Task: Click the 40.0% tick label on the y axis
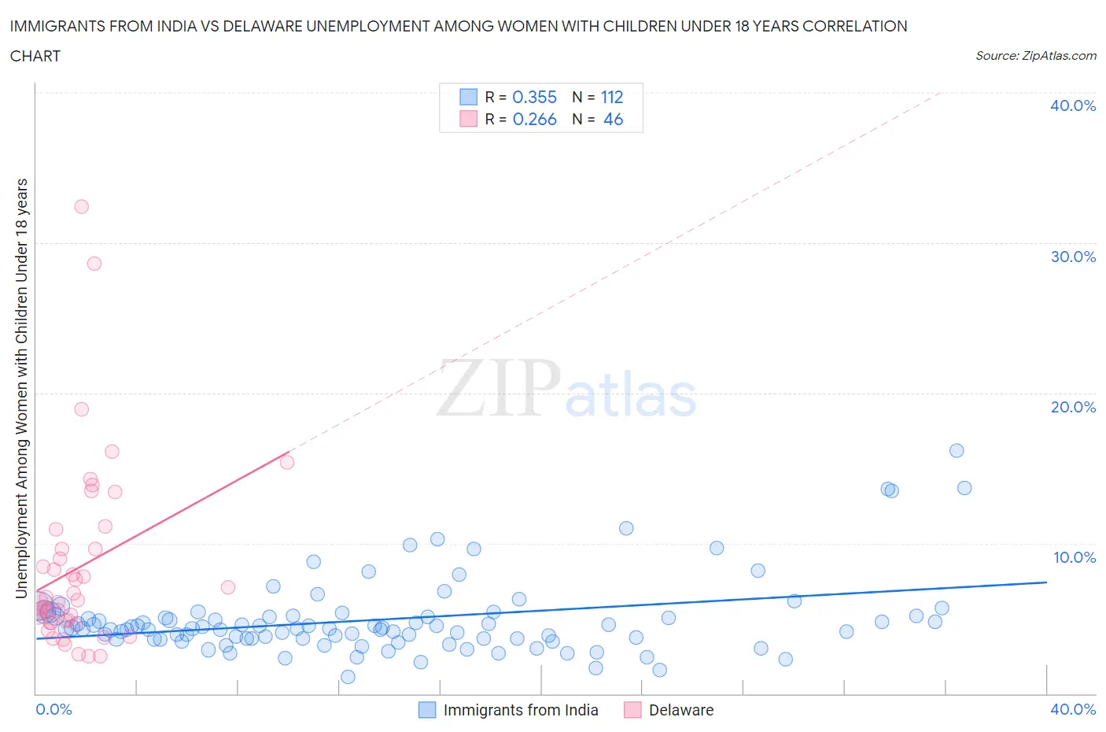pyautogui.click(x=1073, y=105)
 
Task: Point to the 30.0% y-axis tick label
pyautogui.click(x=1073, y=257)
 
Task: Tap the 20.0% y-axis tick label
pyautogui.click(x=1073, y=407)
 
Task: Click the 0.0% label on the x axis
pyautogui.click(x=53, y=709)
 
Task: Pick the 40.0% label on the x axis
pyautogui.click(x=1073, y=709)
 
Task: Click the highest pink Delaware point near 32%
pyautogui.click(x=81, y=206)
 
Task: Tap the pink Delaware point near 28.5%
pyautogui.click(x=94, y=264)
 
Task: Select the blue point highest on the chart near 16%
pyautogui.click(x=957, y=450)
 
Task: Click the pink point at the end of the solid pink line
pyautogui.click(x=287, y=462)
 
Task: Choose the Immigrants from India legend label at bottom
pyautogui.click(x=521, y=710)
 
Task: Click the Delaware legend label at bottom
pyautogui.click(x=681, y=710)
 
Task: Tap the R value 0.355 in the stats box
pyautogui.click(x=535, y=97)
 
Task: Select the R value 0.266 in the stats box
pyautogui.click(x=535, y=119)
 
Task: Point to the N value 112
pyautogui.click(x=612, y=97)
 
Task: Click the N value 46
pyautogui.click(x=613, y=119)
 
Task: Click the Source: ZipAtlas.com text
pyautogui.click(x=1036, y=55)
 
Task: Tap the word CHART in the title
pyautogui.click(x=35, y=56)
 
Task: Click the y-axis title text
pyautogui.click(x=21, y=387)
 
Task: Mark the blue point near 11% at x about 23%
pyautogui.click(x=626, y=528)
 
